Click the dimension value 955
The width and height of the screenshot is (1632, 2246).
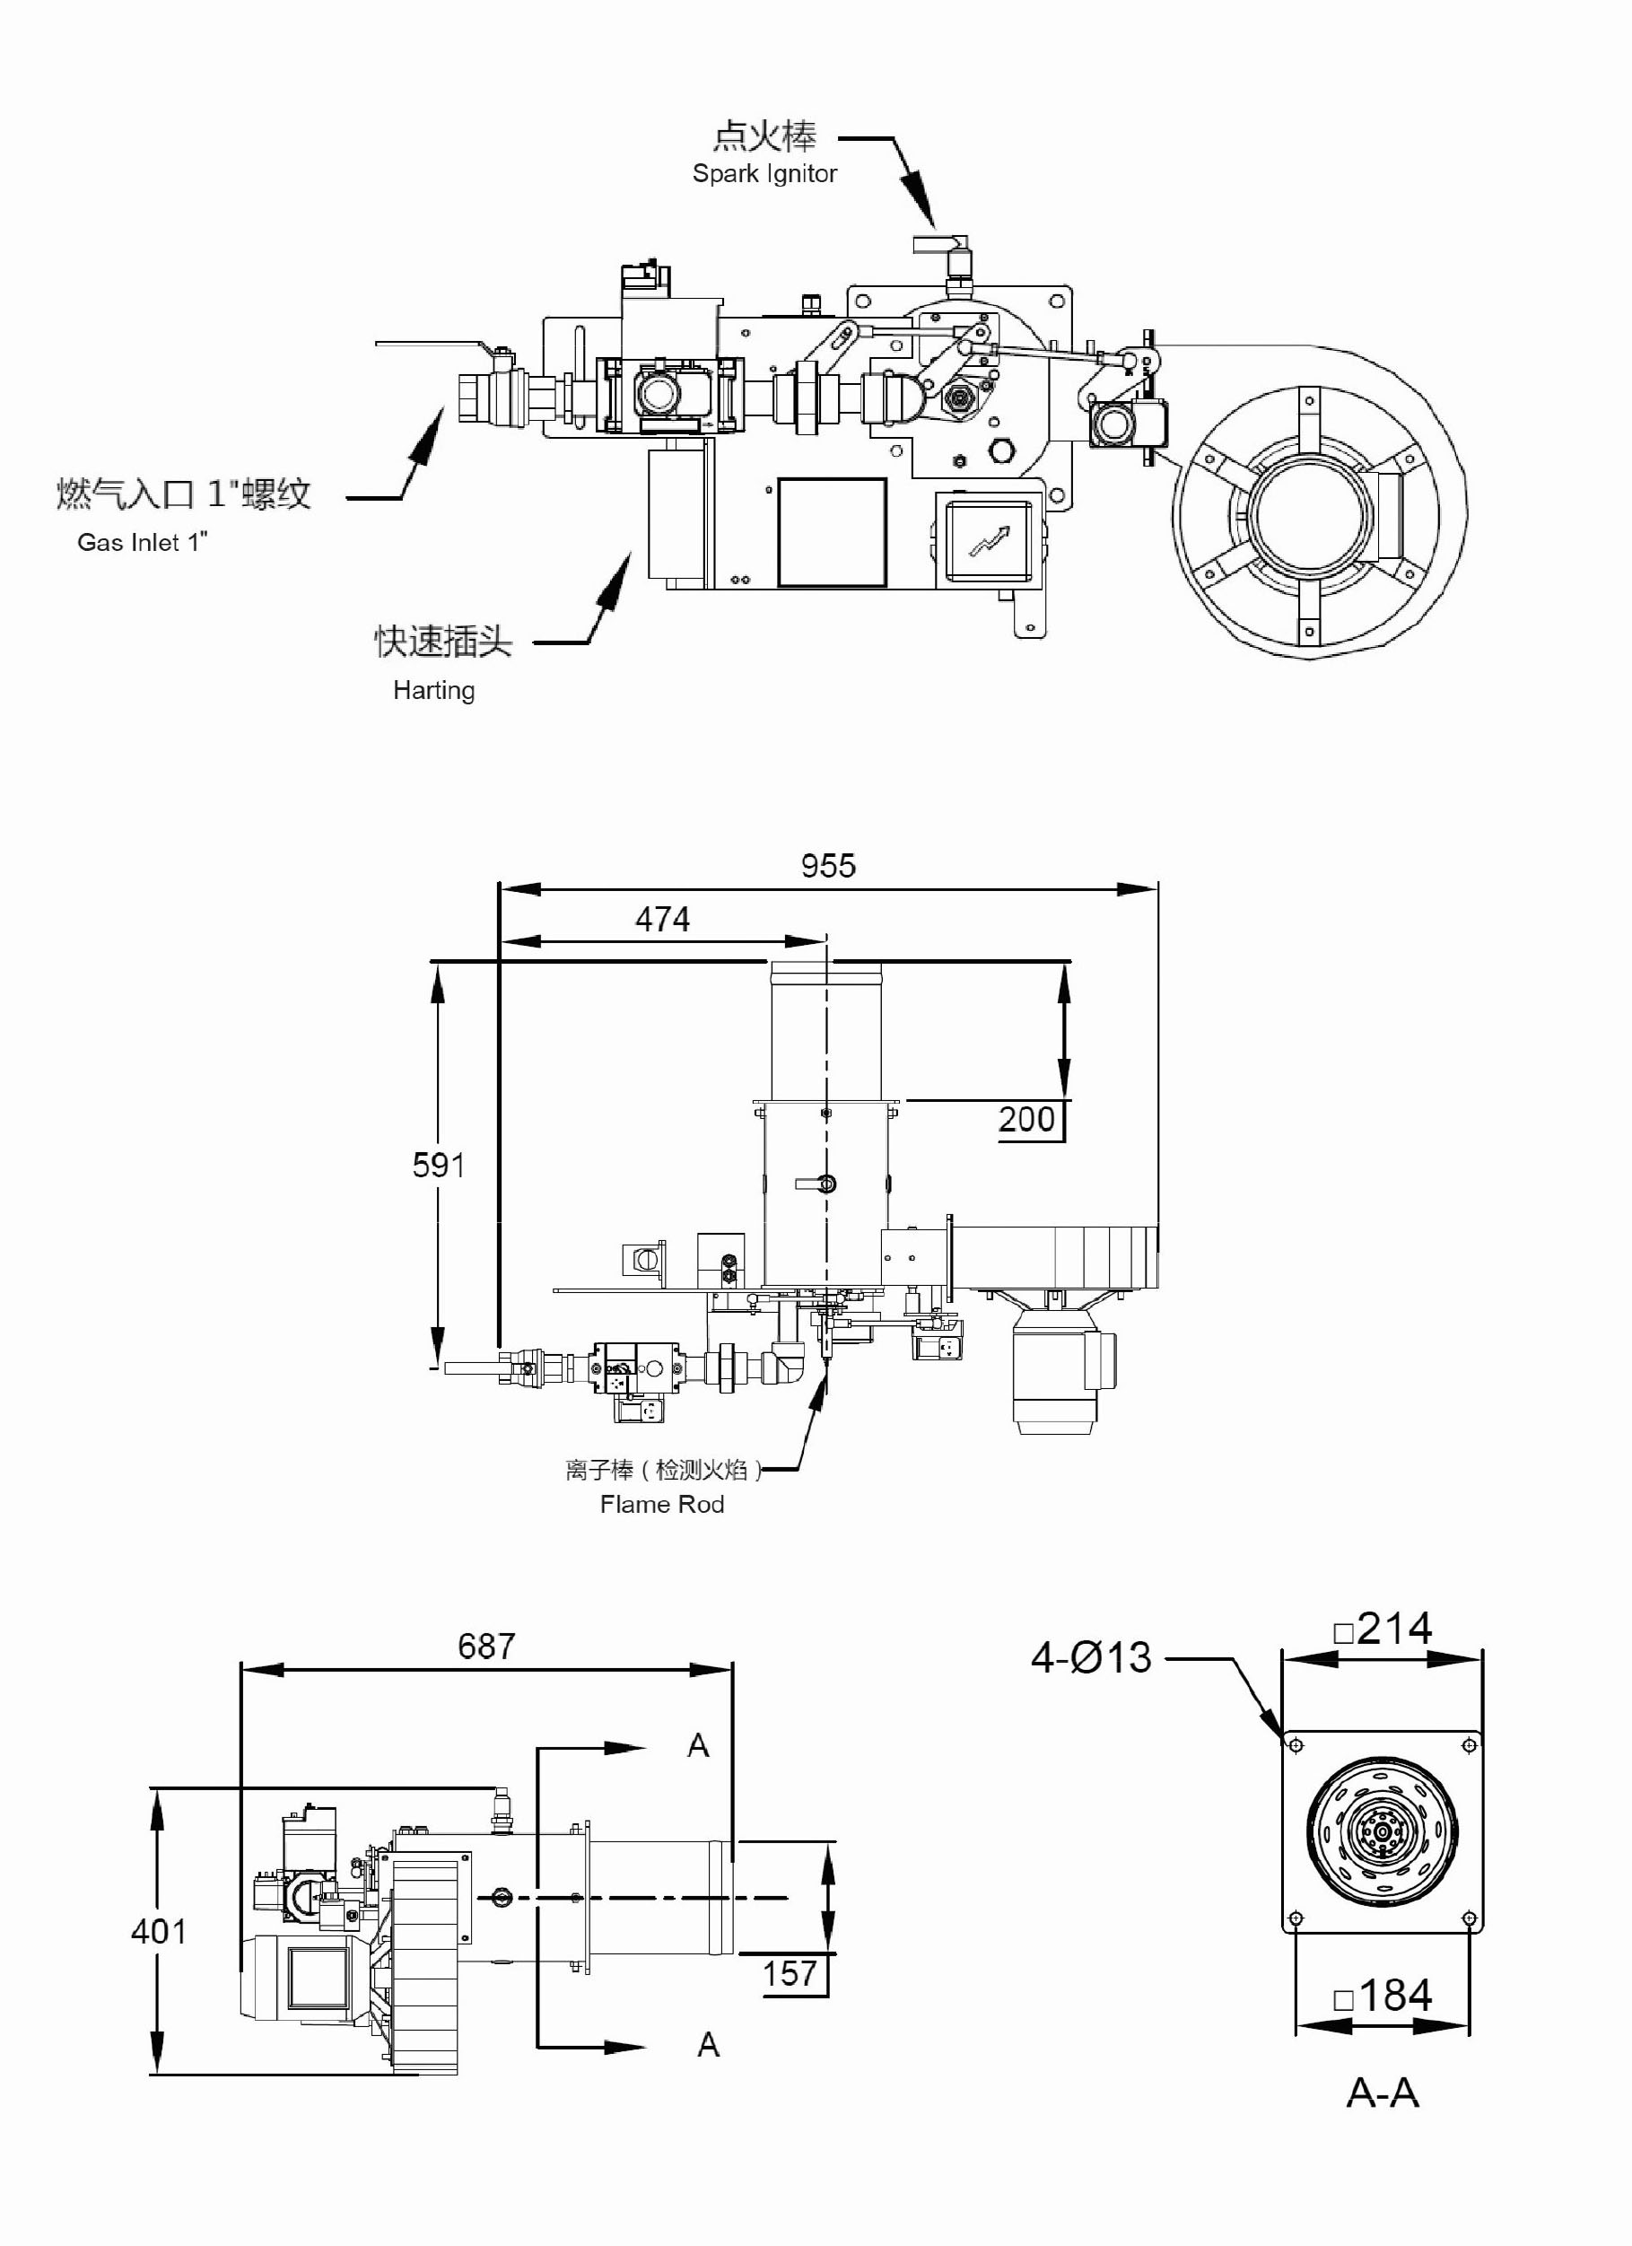click(x=828, y=866)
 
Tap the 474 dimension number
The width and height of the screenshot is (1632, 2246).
click(x=661, y=919)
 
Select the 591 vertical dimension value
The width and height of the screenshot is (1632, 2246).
click(x=438, y=1165)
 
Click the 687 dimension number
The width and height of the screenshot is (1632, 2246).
click(x=486, y=1646)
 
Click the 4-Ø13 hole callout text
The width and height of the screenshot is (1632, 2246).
click(x=1091, y=1657)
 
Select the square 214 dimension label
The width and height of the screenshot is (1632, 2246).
click(x=1383, y=1629)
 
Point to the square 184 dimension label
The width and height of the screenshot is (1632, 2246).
click(x=1383, y=1996)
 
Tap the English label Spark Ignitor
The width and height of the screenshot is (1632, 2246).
click(x=764, y=173)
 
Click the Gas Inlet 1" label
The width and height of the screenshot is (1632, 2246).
click(x=144, y=542)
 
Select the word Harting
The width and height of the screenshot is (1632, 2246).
click(x=433, y=690)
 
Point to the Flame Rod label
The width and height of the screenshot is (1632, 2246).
click(x=661, y=1504)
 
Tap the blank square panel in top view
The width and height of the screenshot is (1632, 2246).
click(x=832, y=532)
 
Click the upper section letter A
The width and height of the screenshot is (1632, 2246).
click(x=698, y=1745)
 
